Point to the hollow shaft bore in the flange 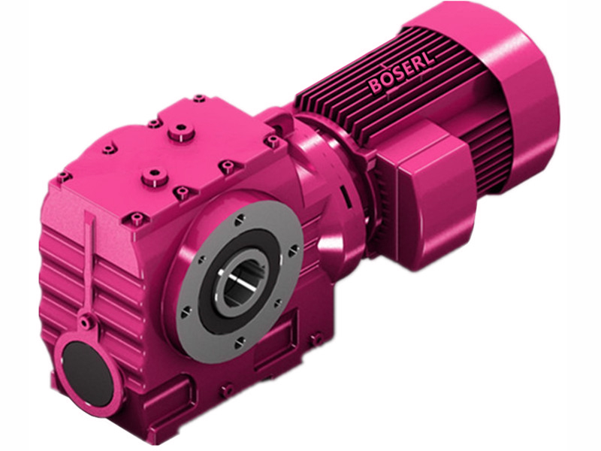238,280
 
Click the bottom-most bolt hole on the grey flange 238,342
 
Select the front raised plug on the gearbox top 154,177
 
